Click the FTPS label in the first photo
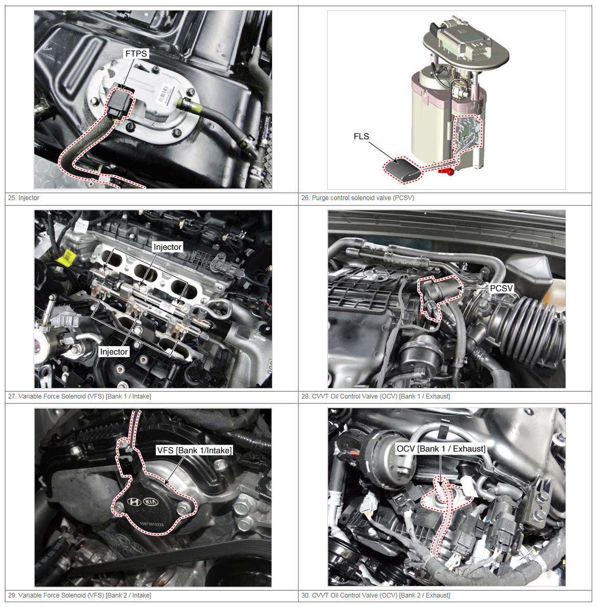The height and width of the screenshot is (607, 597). click(136, 54)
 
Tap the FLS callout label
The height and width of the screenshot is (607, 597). click(361, 137)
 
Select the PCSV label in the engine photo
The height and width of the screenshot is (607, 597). click(501, 288)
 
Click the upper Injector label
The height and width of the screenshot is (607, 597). click(167, 247)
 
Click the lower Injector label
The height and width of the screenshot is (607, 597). click(114, 351)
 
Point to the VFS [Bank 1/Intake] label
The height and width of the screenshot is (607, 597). click(194, 450)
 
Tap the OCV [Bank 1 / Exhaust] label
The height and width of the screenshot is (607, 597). click(441, 448)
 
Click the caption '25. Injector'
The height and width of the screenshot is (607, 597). click(24, 198)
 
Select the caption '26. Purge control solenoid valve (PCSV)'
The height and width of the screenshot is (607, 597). click(358, 198)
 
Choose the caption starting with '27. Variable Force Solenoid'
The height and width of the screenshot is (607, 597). click(79, 396)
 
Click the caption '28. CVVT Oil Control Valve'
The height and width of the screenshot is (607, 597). click(375, 396)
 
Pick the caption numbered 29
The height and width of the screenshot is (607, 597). click(79, 595)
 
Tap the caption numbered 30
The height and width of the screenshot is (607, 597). click(375, 595)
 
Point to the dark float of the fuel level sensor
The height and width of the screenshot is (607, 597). click(402, 170)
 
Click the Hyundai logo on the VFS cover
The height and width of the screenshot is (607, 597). click(134, 501)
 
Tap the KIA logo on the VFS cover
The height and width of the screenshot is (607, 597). click(151, 502)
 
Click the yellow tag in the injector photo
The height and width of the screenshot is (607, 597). click(67, 256)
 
